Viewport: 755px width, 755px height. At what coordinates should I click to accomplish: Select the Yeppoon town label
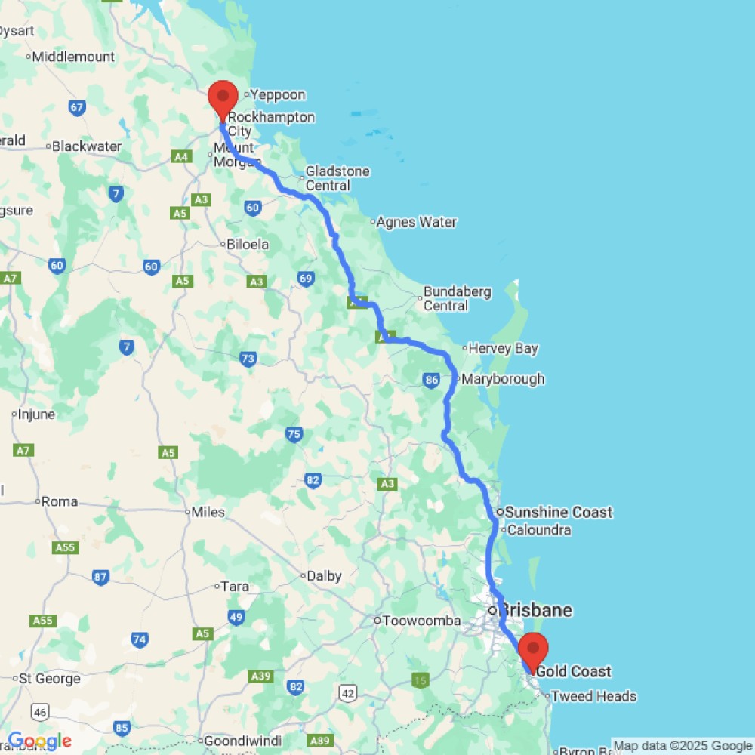pyautogui.click(x=278, y=95)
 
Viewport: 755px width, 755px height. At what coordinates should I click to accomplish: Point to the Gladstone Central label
pyautogui.click(x=337, y=178)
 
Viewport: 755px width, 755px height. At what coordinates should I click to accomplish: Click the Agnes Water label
pyautogui.click(x=416, y=222)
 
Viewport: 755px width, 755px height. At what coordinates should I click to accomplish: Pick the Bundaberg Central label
pyautogui.click(x=457, y=298)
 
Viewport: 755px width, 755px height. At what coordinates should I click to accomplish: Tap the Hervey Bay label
pyautogui.click(x=503, y=349)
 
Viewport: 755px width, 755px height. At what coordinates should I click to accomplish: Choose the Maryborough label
pyautogui.click(x=502, y=379)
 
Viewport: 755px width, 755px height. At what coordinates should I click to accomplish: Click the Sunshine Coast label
pyautogui.click(x=559, y=513)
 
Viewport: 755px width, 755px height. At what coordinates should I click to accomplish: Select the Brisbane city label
pyautogui.click(x=537, y=610)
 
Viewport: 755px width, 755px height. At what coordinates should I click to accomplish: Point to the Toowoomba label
pyautogui.click(x=421, y=621)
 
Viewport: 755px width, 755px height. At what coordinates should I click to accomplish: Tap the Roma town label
pyautogui.click(x=59, y=501)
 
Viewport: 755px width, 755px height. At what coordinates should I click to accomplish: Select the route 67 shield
pyautogui.click(x=77, y=108)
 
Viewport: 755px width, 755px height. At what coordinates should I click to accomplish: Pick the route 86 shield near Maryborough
pyautogui.click(x=432, y=381)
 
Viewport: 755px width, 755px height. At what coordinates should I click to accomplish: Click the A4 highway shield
pyautogui.click(x=181, y=157)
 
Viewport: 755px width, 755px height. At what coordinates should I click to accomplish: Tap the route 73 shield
pyautogui.click(x=248, y=359)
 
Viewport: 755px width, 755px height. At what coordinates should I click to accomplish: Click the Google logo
pyautogui.click(x=39, y=741)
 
